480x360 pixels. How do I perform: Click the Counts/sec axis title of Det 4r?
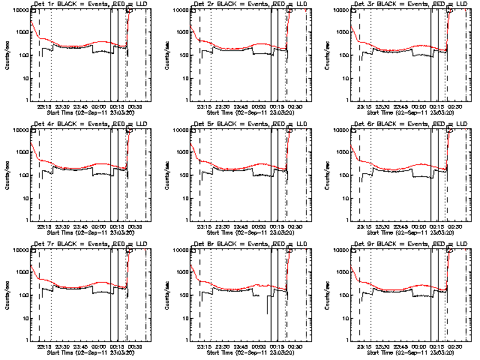tap(6, 175)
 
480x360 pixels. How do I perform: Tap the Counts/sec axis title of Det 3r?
tap(327, 55)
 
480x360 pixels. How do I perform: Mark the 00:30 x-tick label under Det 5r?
tap(296, 226)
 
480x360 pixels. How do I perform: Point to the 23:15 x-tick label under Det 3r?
tap(365, 106)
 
